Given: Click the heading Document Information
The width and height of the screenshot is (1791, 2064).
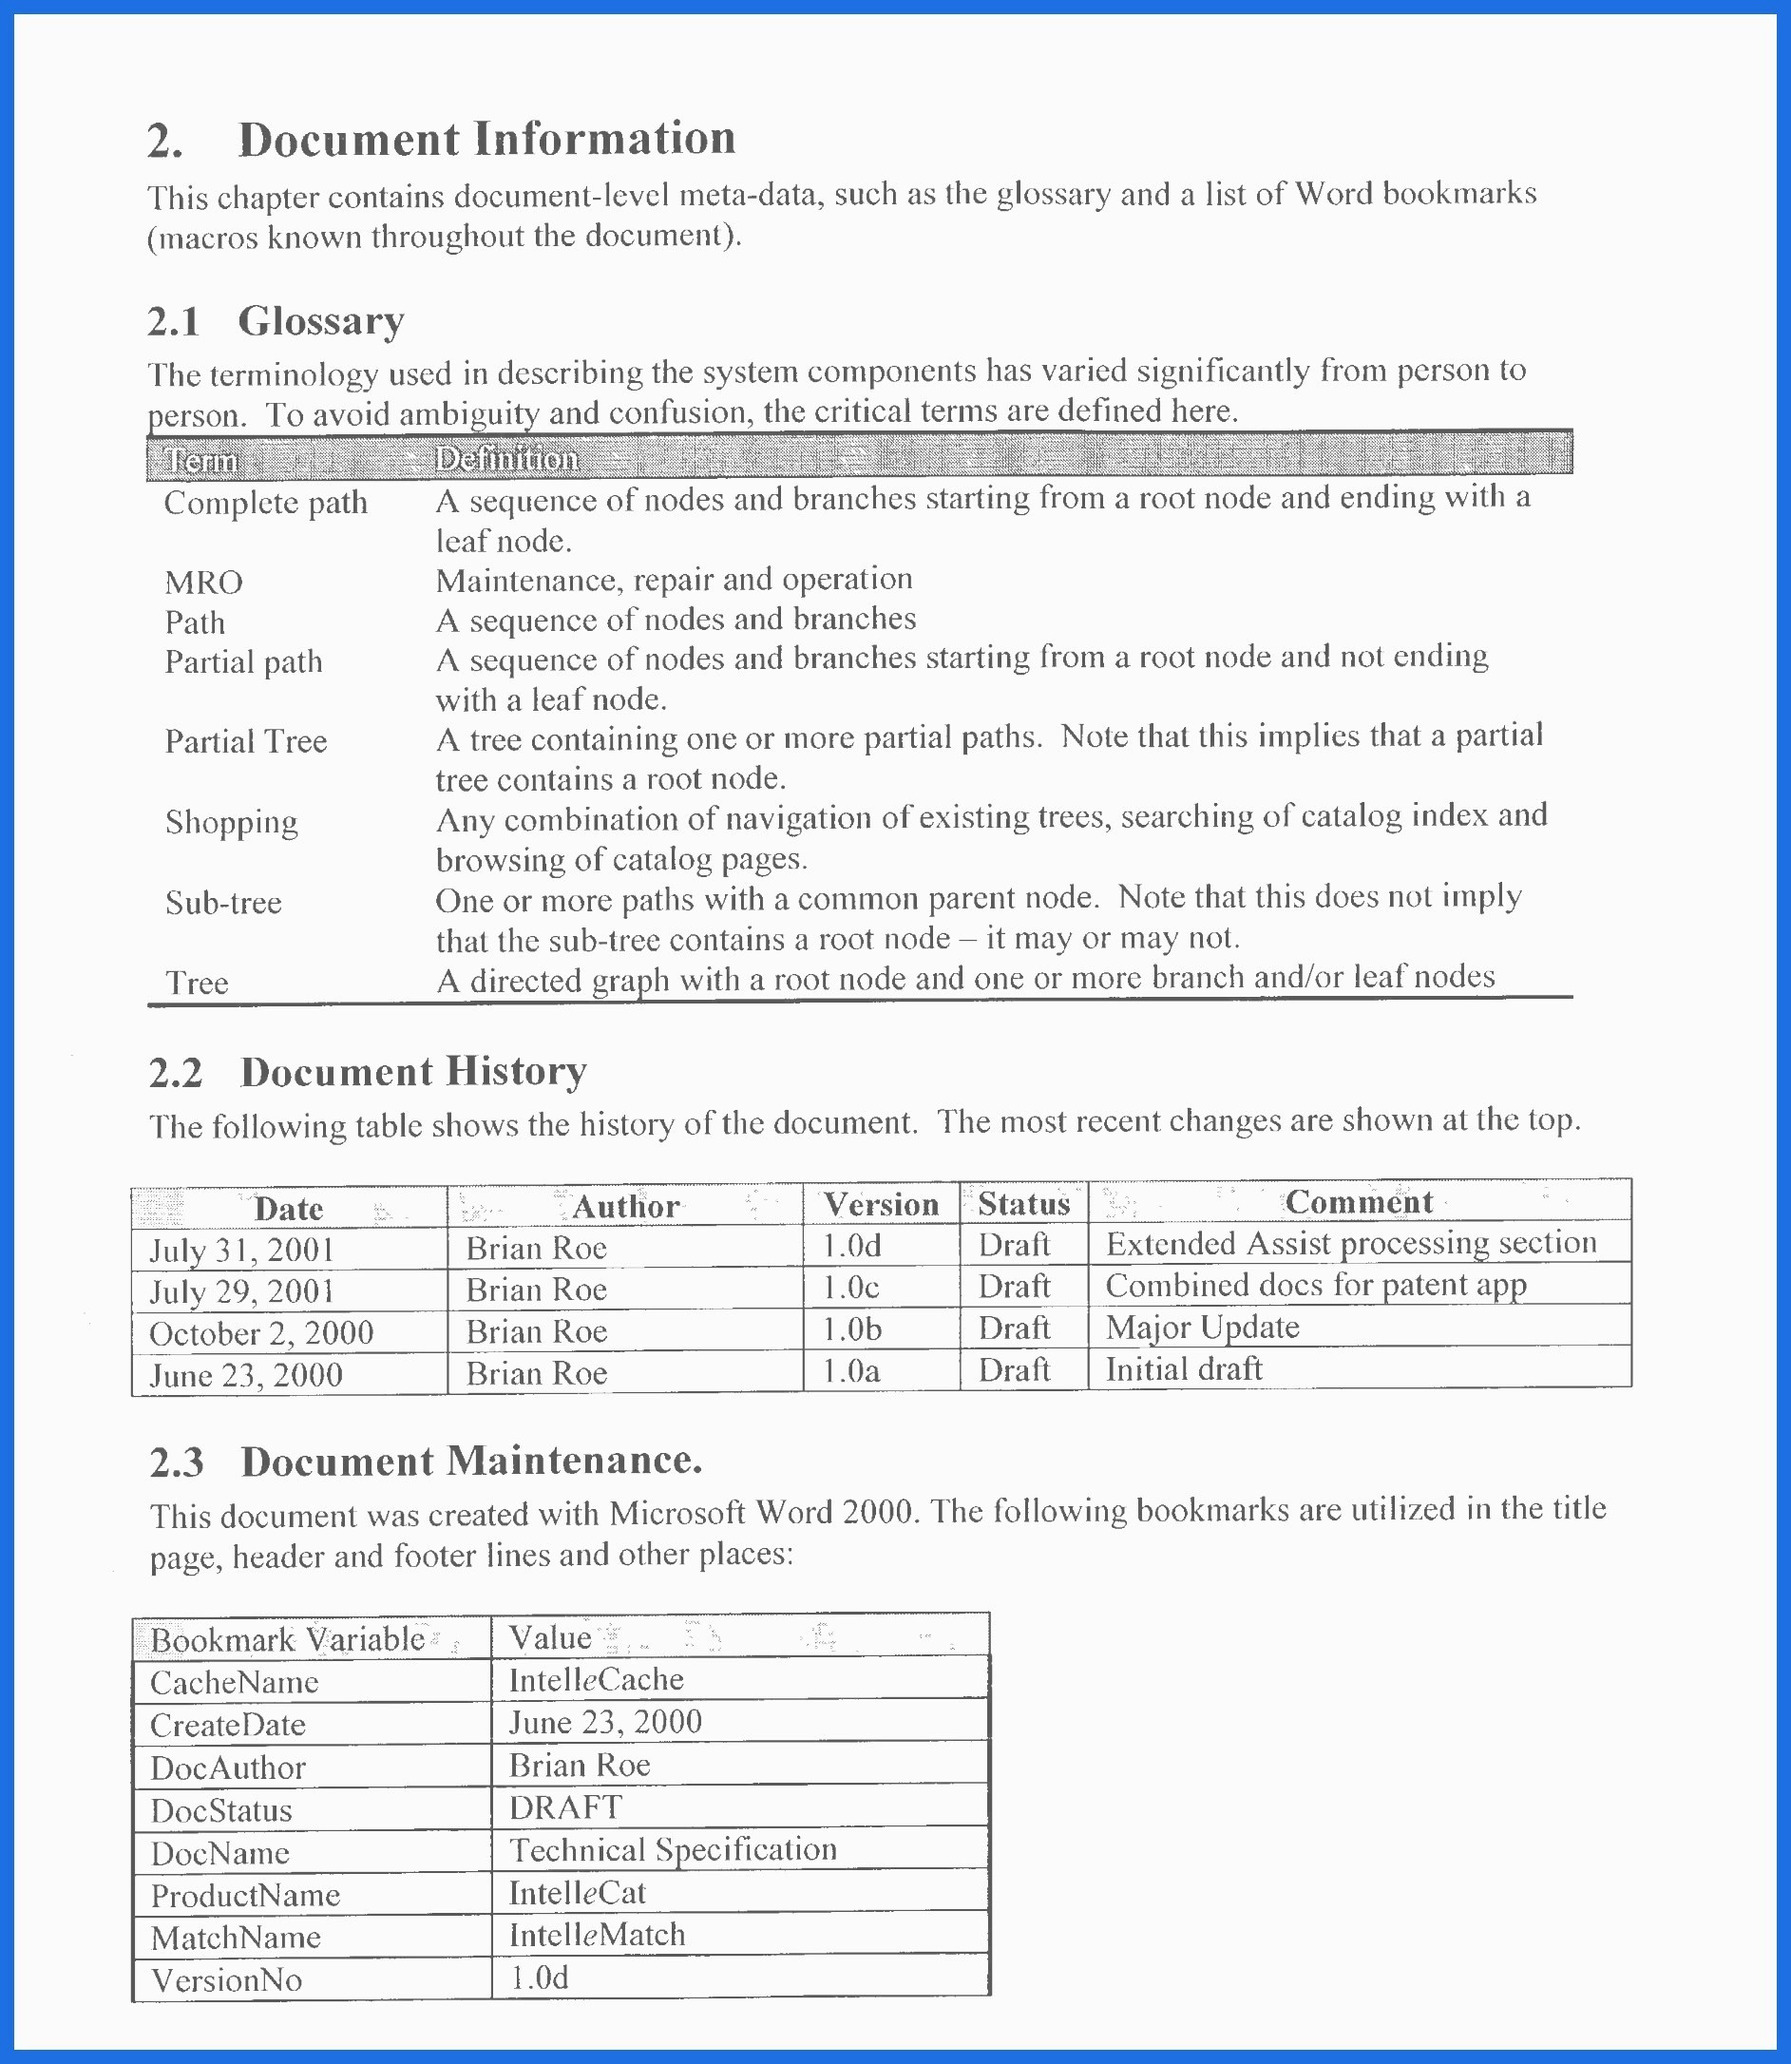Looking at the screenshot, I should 486,139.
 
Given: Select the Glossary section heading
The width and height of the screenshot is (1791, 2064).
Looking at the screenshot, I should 320,322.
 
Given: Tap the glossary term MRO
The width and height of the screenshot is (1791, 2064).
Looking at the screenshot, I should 204,583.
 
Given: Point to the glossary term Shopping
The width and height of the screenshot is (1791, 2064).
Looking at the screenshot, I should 231,823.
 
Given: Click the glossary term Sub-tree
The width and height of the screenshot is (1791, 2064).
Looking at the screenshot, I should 223,904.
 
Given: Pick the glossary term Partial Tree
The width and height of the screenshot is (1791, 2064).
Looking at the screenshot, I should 246,741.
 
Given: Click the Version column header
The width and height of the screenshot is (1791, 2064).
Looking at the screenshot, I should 881,1205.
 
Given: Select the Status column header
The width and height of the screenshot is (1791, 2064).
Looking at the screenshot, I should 1023,1204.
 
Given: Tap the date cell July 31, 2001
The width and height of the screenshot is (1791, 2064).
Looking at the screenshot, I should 242,1251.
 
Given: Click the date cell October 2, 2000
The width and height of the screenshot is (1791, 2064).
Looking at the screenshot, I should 261,1333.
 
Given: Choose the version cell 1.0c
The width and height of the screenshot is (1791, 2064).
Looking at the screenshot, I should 850,1288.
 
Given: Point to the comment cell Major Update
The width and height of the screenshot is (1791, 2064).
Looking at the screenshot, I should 1202,1328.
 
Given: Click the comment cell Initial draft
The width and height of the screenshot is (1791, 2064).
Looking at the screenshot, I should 1183,1369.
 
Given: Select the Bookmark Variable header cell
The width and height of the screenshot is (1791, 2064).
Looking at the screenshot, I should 288,1640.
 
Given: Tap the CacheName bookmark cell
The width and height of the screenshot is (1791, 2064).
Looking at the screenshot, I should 234,1683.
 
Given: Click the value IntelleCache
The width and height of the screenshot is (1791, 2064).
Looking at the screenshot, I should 596,1680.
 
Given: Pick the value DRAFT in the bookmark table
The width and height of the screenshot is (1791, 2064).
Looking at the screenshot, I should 565,1807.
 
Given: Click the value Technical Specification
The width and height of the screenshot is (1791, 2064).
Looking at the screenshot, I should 673,1850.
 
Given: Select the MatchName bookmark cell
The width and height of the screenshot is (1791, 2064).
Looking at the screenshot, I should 236,1938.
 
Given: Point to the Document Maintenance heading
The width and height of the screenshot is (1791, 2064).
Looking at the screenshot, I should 470,1462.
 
